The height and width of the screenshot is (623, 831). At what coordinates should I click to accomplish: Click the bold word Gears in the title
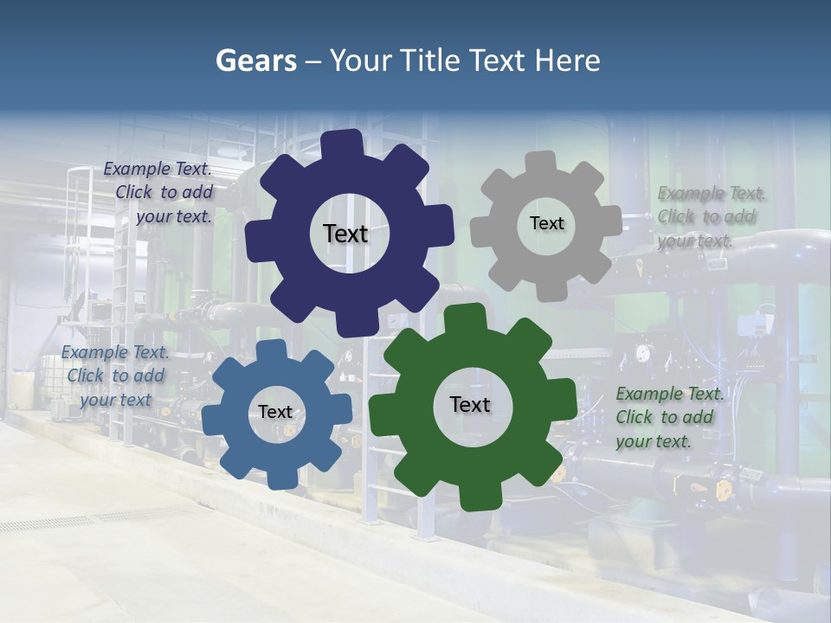[255, 61]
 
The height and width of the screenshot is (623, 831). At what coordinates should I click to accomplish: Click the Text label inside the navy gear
[345, 234]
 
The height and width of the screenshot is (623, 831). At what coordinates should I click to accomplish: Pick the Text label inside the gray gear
[546, 223]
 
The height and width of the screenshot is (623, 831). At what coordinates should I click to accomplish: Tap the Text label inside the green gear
[470, 404]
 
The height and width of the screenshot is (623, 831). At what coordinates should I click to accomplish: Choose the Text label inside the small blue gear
[275, 412]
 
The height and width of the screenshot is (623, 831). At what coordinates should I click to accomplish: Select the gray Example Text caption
[706, 217]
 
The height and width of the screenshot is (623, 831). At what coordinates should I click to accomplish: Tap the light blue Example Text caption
[115, 376]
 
